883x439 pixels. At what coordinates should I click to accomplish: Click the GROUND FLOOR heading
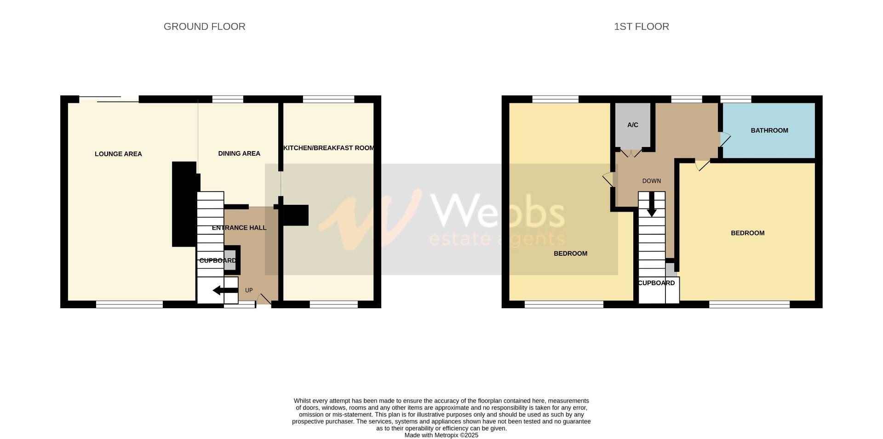pyautogui.click(x=204, y=27)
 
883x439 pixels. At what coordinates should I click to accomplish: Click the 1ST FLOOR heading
pyautogui.click(x=641, y=27)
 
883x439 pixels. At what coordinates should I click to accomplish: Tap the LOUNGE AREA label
pyautogui.click(x=118, y=154)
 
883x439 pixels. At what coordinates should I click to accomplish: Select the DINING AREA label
pyautogui.click(x=239, y=153)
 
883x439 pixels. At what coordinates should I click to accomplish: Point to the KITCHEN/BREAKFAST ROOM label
pyautogui.click(x=329, y=148)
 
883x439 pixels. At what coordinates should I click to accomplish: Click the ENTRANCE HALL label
pyautogui.click(x=239, y=228)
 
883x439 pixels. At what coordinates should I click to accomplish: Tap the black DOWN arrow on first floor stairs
pyautogui.click(x=652, y=204)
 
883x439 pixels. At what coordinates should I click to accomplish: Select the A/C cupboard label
pyautogui.click(x=632, y=125)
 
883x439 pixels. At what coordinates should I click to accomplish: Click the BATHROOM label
pyautogui.click(x=769, y=130)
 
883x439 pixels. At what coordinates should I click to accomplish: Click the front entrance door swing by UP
pyautogui.click(x=263, y=299)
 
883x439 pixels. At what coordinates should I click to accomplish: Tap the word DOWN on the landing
pyautogui.click(x=651, y=181)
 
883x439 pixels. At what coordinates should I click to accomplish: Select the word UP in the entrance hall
pyautogui.click(x=249, y=290)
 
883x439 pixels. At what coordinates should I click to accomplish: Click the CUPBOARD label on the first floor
pyautogui.click(x=656, y=283)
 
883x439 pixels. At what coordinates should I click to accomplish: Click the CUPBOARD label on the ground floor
pyautogui.click(x=218, y=260)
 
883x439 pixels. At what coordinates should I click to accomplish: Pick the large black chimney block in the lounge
pyautogui.click(x=184, y=204)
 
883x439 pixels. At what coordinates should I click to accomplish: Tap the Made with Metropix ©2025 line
pyautogui.click(x=441, y=435)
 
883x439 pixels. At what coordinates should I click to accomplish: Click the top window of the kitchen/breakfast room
pyautogui.click(x=328, y=99)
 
